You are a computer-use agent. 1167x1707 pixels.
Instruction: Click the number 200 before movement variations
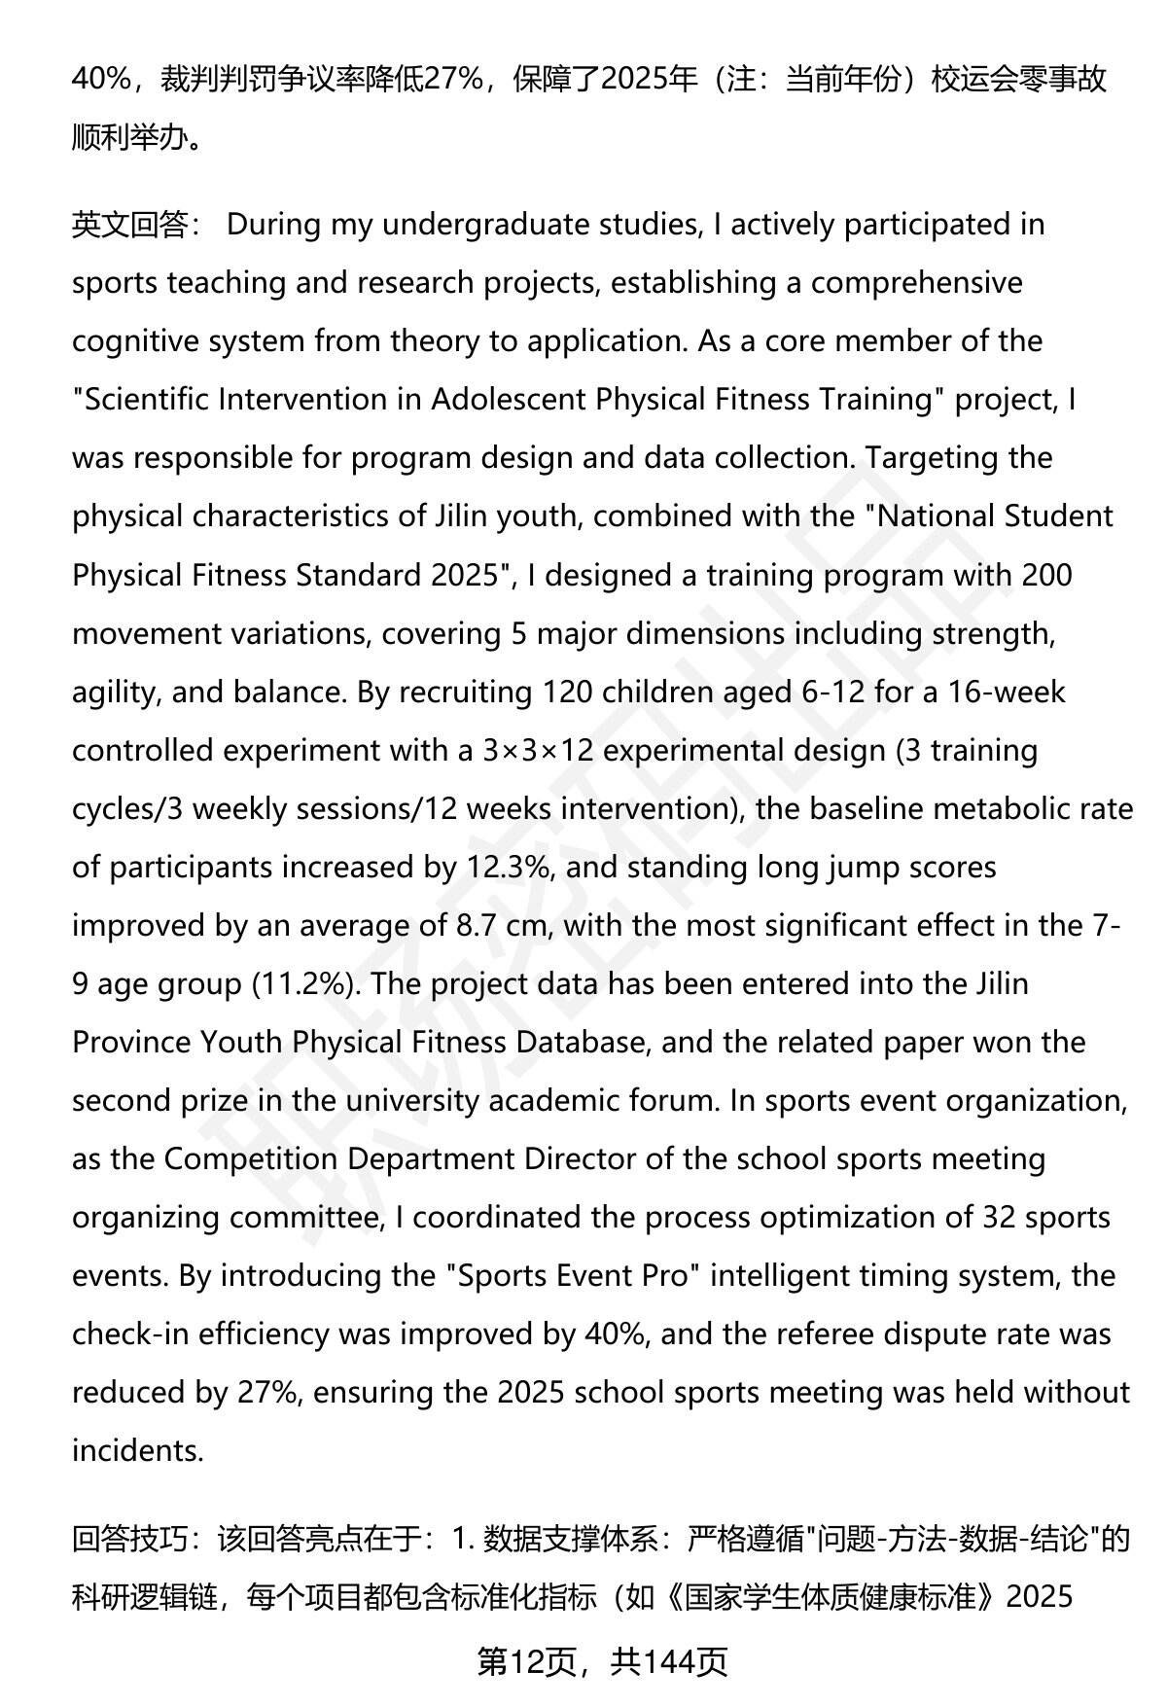click(1046, 575)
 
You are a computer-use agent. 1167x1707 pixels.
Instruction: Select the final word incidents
click(137, 1450)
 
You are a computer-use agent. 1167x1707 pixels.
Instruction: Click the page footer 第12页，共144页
click(602, 1662)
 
